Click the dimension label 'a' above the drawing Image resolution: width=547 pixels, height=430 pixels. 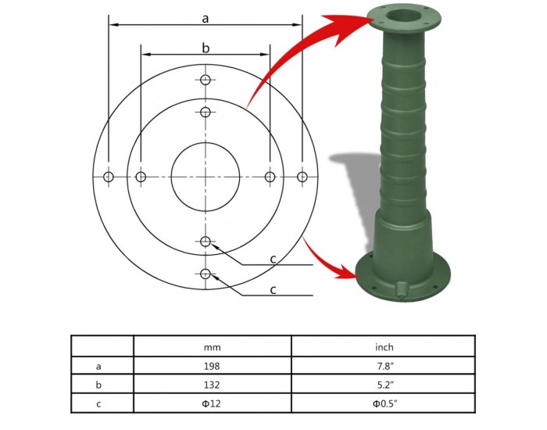tap(205, 19)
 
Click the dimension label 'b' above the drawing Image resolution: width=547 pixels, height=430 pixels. tap(206, 48)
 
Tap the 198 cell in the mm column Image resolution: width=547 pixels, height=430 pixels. tap(212, 366)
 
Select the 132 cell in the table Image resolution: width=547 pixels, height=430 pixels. tap(212, 385)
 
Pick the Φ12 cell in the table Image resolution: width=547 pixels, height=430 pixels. tap(212, 403)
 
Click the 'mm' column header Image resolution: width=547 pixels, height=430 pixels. tap(212, 347)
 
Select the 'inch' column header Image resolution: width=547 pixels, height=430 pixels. tap(384, 347)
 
